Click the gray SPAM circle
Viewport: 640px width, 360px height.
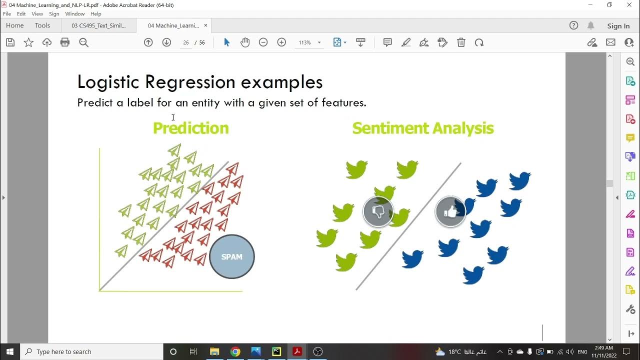231,256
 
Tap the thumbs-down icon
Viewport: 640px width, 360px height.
378,212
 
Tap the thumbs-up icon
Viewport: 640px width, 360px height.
450,212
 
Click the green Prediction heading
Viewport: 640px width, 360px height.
190,128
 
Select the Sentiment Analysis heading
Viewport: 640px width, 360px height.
422,128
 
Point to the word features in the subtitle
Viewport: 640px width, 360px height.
344,103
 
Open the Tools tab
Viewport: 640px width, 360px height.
42,25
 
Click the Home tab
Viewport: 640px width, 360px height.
15,25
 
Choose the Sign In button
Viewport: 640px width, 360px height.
618,26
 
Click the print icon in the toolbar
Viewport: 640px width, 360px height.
65,42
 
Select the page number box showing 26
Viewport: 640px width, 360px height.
186,43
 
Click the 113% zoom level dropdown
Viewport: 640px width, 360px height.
309,43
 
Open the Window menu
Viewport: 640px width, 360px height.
75,14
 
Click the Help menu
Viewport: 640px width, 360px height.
96,14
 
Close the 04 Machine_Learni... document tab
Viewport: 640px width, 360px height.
205,25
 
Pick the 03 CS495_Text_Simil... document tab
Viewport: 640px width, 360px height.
98,25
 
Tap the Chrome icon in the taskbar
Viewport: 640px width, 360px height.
235,351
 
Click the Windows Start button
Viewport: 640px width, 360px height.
9,351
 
